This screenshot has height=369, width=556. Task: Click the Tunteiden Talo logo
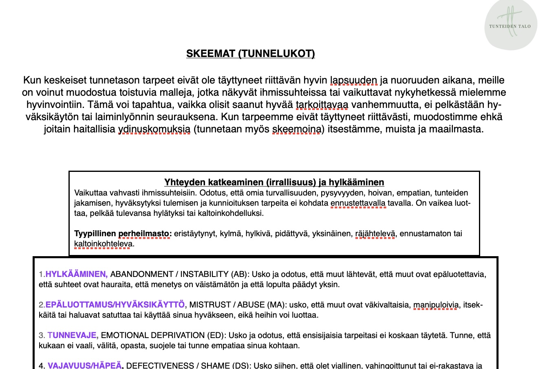point(510,24)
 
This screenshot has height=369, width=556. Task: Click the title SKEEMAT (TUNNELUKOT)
point(250,54)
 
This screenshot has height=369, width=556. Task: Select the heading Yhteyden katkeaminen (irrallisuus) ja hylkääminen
point(274,182)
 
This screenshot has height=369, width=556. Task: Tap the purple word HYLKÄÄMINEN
point(76,274)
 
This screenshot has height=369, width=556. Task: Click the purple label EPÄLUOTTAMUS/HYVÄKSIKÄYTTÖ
point(116,305)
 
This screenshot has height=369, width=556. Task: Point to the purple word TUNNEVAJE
point(73,335)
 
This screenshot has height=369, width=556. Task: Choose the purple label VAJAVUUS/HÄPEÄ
point(85,365)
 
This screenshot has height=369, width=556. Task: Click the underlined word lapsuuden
point(354,80)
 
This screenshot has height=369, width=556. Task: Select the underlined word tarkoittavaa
point(322,105)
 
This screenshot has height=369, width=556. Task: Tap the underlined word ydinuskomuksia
point(154,130)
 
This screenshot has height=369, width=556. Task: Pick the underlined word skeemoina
point(296,130)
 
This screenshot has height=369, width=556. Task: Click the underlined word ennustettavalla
point(358,203)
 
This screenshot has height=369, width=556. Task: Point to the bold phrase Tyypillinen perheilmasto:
point(123,233)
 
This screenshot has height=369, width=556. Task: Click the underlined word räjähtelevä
point(375,233)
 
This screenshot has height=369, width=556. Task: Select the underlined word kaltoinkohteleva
point(103,244)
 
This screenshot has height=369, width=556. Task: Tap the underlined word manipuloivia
point(436,305)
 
